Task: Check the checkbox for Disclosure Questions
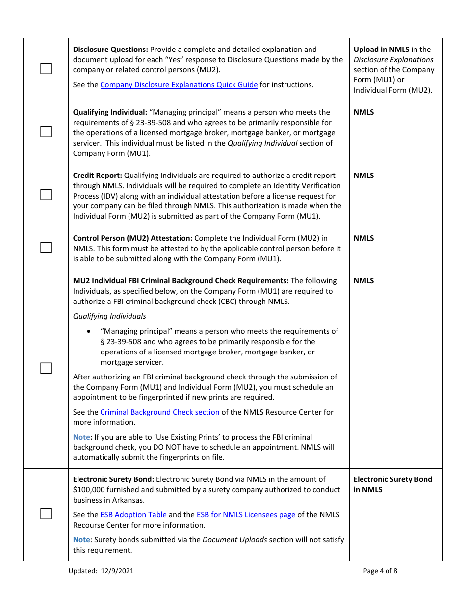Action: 46,69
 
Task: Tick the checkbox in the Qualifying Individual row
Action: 46,132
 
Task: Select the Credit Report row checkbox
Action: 46,195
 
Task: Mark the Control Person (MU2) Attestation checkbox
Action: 46,248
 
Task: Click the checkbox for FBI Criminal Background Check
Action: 46,368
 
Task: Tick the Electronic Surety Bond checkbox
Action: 46,514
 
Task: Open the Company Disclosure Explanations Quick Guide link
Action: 179,85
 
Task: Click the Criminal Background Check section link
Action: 159,412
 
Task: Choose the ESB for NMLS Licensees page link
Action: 246,515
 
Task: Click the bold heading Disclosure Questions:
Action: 110,50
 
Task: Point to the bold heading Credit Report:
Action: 97,176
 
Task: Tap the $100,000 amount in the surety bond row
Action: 90,490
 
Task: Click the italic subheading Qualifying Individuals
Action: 109,316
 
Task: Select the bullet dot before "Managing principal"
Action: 88,332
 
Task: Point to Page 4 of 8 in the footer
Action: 380,571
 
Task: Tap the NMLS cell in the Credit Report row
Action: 363,176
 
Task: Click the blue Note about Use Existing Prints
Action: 81,437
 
